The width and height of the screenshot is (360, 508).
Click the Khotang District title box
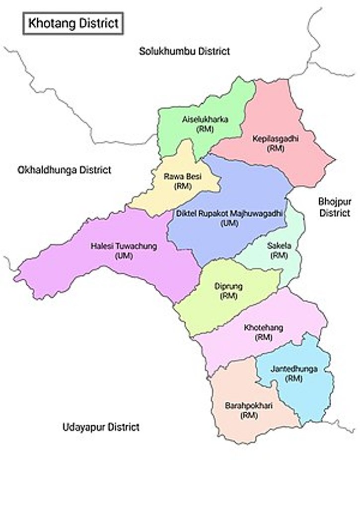point(72,23)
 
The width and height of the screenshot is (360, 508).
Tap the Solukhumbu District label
point(184,51)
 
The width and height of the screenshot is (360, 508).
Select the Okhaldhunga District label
point(64,170)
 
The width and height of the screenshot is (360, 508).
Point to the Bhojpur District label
point(334,207)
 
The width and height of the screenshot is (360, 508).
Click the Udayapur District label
point(101,427)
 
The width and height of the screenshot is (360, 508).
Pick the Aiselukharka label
point(205,119)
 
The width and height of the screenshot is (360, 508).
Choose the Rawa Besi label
point(183,176)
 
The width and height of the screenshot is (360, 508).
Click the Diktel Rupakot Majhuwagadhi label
point(229,213)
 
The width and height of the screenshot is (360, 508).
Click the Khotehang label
point(263,328)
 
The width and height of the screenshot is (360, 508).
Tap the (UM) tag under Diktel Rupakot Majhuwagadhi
point(229,223)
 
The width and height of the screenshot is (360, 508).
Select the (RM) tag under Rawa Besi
point(183,186)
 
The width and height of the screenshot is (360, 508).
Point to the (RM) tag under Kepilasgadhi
point(275,148)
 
